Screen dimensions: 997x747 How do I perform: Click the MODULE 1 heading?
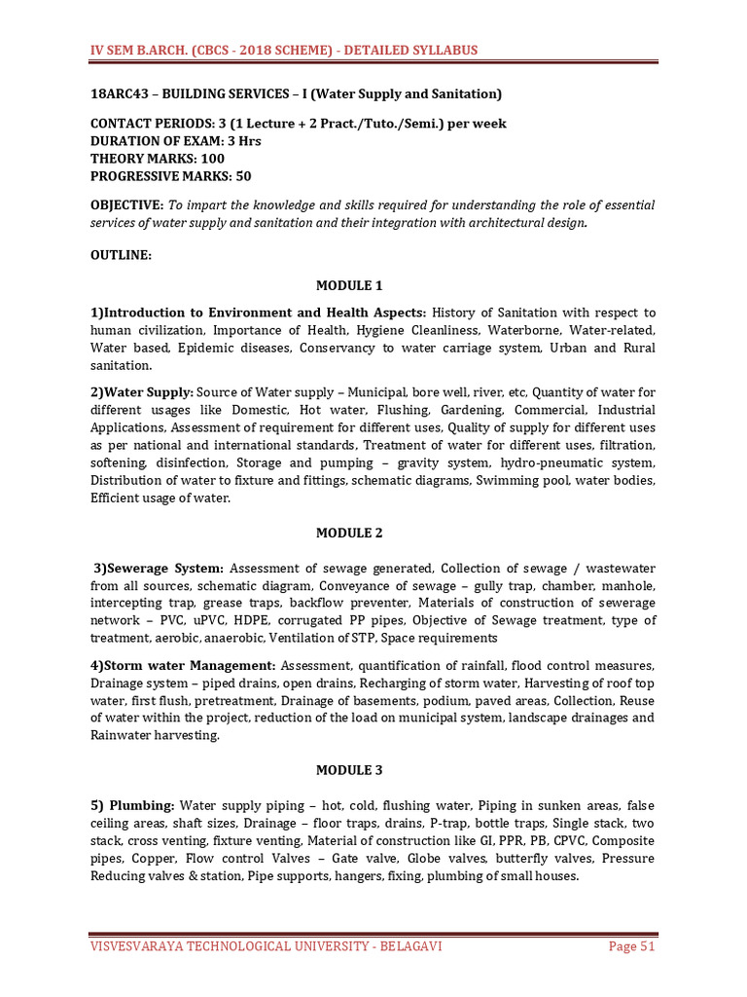[x=349, y=285]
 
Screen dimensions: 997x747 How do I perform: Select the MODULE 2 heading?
[x=349, y=533]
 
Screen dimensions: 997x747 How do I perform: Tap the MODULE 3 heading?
[x=349, y=770]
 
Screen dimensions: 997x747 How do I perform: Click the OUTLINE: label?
[x=121, y=253]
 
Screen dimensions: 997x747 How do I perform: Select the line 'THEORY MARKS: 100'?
[x=158, y=159]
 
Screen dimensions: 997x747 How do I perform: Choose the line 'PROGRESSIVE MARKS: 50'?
[x=170, y=176]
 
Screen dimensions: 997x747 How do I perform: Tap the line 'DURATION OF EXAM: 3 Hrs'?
[x=177, y=141]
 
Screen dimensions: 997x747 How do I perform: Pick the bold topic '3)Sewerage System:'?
[x=160, y=569]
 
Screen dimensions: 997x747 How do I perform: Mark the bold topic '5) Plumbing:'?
[x=132, y=805]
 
